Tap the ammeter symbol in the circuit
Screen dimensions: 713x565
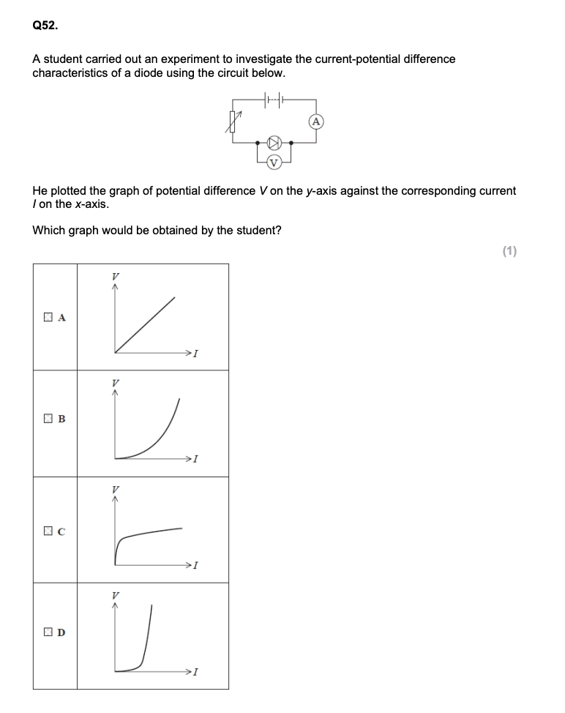pos(316,122)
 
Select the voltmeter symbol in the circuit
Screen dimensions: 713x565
pos(274,162)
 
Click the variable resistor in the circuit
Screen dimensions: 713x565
pos(235,121)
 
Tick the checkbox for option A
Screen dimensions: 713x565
pos(48,317)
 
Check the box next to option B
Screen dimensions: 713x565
pos(48,419)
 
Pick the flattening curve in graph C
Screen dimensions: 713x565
pos(146,533)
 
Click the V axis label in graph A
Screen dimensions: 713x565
pos(115,276)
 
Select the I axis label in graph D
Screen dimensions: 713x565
pos(197,672)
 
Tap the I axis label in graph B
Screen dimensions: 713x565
pos(197,460)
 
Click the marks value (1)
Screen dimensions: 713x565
pos(510,251)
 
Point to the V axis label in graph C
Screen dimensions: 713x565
pos(115,488)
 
